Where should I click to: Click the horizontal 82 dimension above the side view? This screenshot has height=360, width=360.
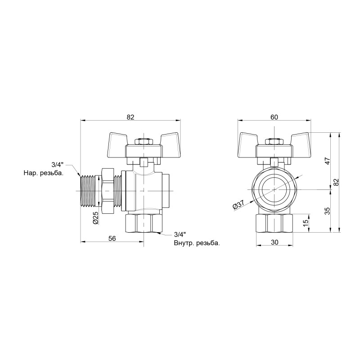pos(130,117)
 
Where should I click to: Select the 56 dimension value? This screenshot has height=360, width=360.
pos(112,238)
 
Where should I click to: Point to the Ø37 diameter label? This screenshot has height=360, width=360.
pos(238,205)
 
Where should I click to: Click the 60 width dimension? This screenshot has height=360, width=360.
pos(274,117)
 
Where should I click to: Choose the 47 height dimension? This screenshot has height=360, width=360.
pos(328,161)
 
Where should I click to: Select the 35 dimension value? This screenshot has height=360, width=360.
pos(328,211)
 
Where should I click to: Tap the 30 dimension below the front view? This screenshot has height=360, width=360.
pos(274,242)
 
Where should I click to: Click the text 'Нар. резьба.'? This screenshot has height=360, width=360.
pos(44,172)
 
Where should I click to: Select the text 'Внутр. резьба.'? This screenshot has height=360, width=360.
pos(197,243)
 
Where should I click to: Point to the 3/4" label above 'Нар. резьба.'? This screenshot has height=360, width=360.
pos(57,164)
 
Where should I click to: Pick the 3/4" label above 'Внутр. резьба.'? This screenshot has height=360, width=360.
pos(180,234)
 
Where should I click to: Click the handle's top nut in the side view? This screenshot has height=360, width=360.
pos(144,142)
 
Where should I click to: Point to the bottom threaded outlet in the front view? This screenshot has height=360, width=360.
pos(274,223)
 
